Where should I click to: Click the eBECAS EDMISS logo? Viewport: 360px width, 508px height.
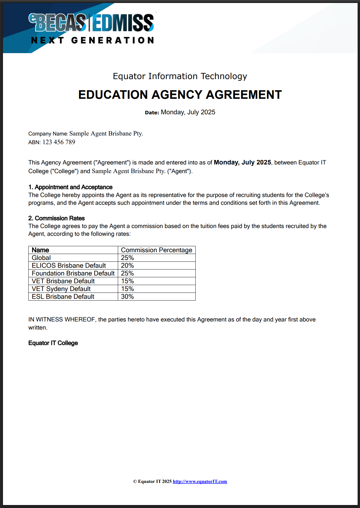click(x=91, y=23)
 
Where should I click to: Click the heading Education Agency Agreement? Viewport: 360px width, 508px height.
click(x=180, y=95)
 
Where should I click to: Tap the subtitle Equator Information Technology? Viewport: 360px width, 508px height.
click(x=180, y=76)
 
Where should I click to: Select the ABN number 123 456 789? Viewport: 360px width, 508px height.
click(x=59, y=142)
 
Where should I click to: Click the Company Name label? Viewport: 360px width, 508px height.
click(x=48, y=134)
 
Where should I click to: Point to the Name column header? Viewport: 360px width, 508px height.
click(x=41, y=250)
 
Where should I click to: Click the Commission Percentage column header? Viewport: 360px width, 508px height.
click(x=157, y=250)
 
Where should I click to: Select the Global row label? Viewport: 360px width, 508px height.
click(x=41, y=258)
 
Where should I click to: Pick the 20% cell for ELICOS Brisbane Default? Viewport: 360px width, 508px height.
click(x=127, y=266)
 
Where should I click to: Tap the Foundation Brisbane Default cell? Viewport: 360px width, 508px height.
click(x=73, y=273)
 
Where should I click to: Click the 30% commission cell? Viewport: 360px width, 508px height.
click(x=127, y=297)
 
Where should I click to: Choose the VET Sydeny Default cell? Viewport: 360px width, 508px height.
click(x=61, y=289)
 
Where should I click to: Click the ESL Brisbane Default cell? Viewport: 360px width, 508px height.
click(x=63, y=297)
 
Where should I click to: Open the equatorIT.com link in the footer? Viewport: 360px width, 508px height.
click(x=200, y=481)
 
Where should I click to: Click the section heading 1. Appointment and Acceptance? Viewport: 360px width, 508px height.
click(x=70, y=187)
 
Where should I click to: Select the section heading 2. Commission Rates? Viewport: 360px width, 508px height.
click(x=57, y=218)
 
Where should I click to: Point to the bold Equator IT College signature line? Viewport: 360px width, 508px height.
click(x=53, y=343)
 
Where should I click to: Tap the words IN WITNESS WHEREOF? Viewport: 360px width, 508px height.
click(x=62, y=319)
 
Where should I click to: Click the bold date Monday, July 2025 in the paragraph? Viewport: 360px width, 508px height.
click(x=242, y=162)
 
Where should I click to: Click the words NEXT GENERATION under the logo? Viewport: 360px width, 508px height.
click(x=92, y=40)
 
